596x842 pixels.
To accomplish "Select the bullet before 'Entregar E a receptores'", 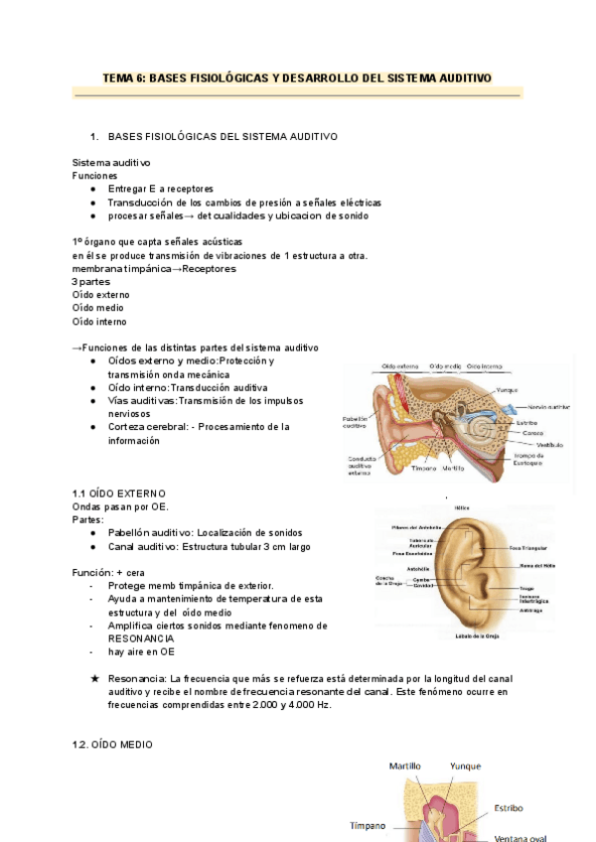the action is (92, 188).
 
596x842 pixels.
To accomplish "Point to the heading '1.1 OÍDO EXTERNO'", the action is (119, 493).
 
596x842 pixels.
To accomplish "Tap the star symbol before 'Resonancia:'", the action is (93, 678).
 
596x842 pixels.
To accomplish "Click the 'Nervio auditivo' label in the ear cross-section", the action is (548, 407).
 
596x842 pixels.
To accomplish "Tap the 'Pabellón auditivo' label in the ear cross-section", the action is (355, 423).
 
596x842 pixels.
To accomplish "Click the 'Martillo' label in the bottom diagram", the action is (405, 767).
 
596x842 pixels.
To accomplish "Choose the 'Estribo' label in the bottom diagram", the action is (507, 808).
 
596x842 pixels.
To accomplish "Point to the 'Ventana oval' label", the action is (521, 836).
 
